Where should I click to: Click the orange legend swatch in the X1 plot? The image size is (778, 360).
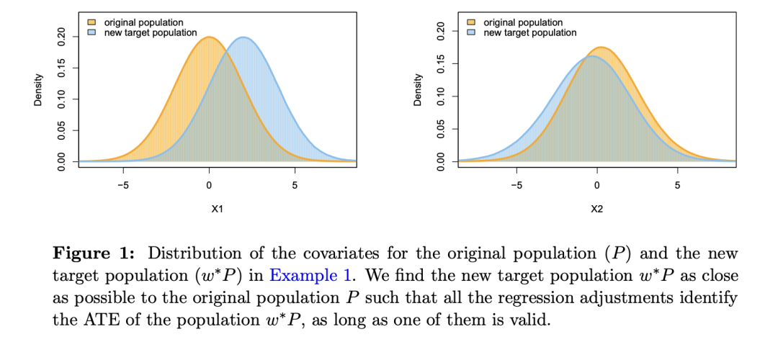tap(91, 23)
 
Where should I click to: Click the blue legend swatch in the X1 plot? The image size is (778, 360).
tap(91, 32)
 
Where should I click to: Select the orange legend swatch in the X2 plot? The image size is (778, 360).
tap(471, 23)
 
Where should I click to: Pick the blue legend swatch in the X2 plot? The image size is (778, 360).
tap(471, 32)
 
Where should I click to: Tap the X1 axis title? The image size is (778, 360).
tap(217, 210)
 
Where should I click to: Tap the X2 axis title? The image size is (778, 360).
tap(597, 210)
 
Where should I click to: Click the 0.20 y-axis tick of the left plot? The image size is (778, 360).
tap(62, 37)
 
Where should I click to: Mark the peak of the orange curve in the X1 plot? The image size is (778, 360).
tap(209, 37)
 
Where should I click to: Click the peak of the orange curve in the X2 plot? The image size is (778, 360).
tap(601, 48)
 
